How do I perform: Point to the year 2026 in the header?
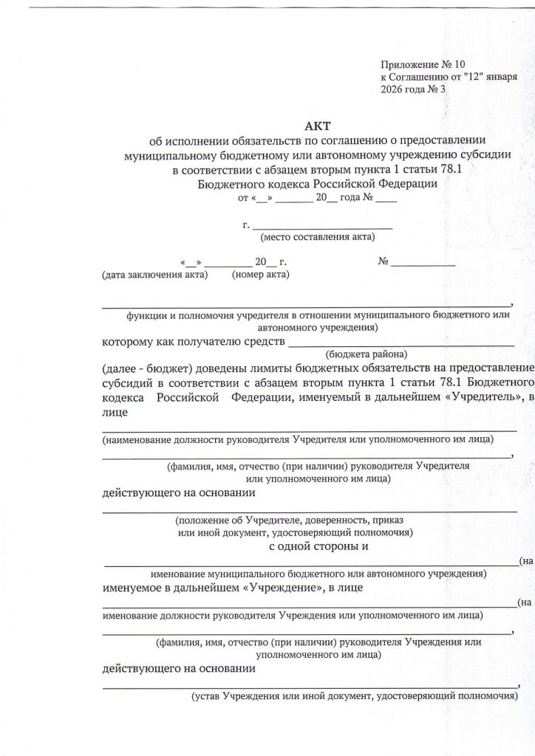click(x=393, y=90)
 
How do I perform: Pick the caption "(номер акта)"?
click(x=261, y=275)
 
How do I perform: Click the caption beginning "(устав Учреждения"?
click(x=353, y=695)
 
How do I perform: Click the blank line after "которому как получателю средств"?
click(x=400, y=343)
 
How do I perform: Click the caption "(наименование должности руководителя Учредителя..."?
click(x=298, y=439)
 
